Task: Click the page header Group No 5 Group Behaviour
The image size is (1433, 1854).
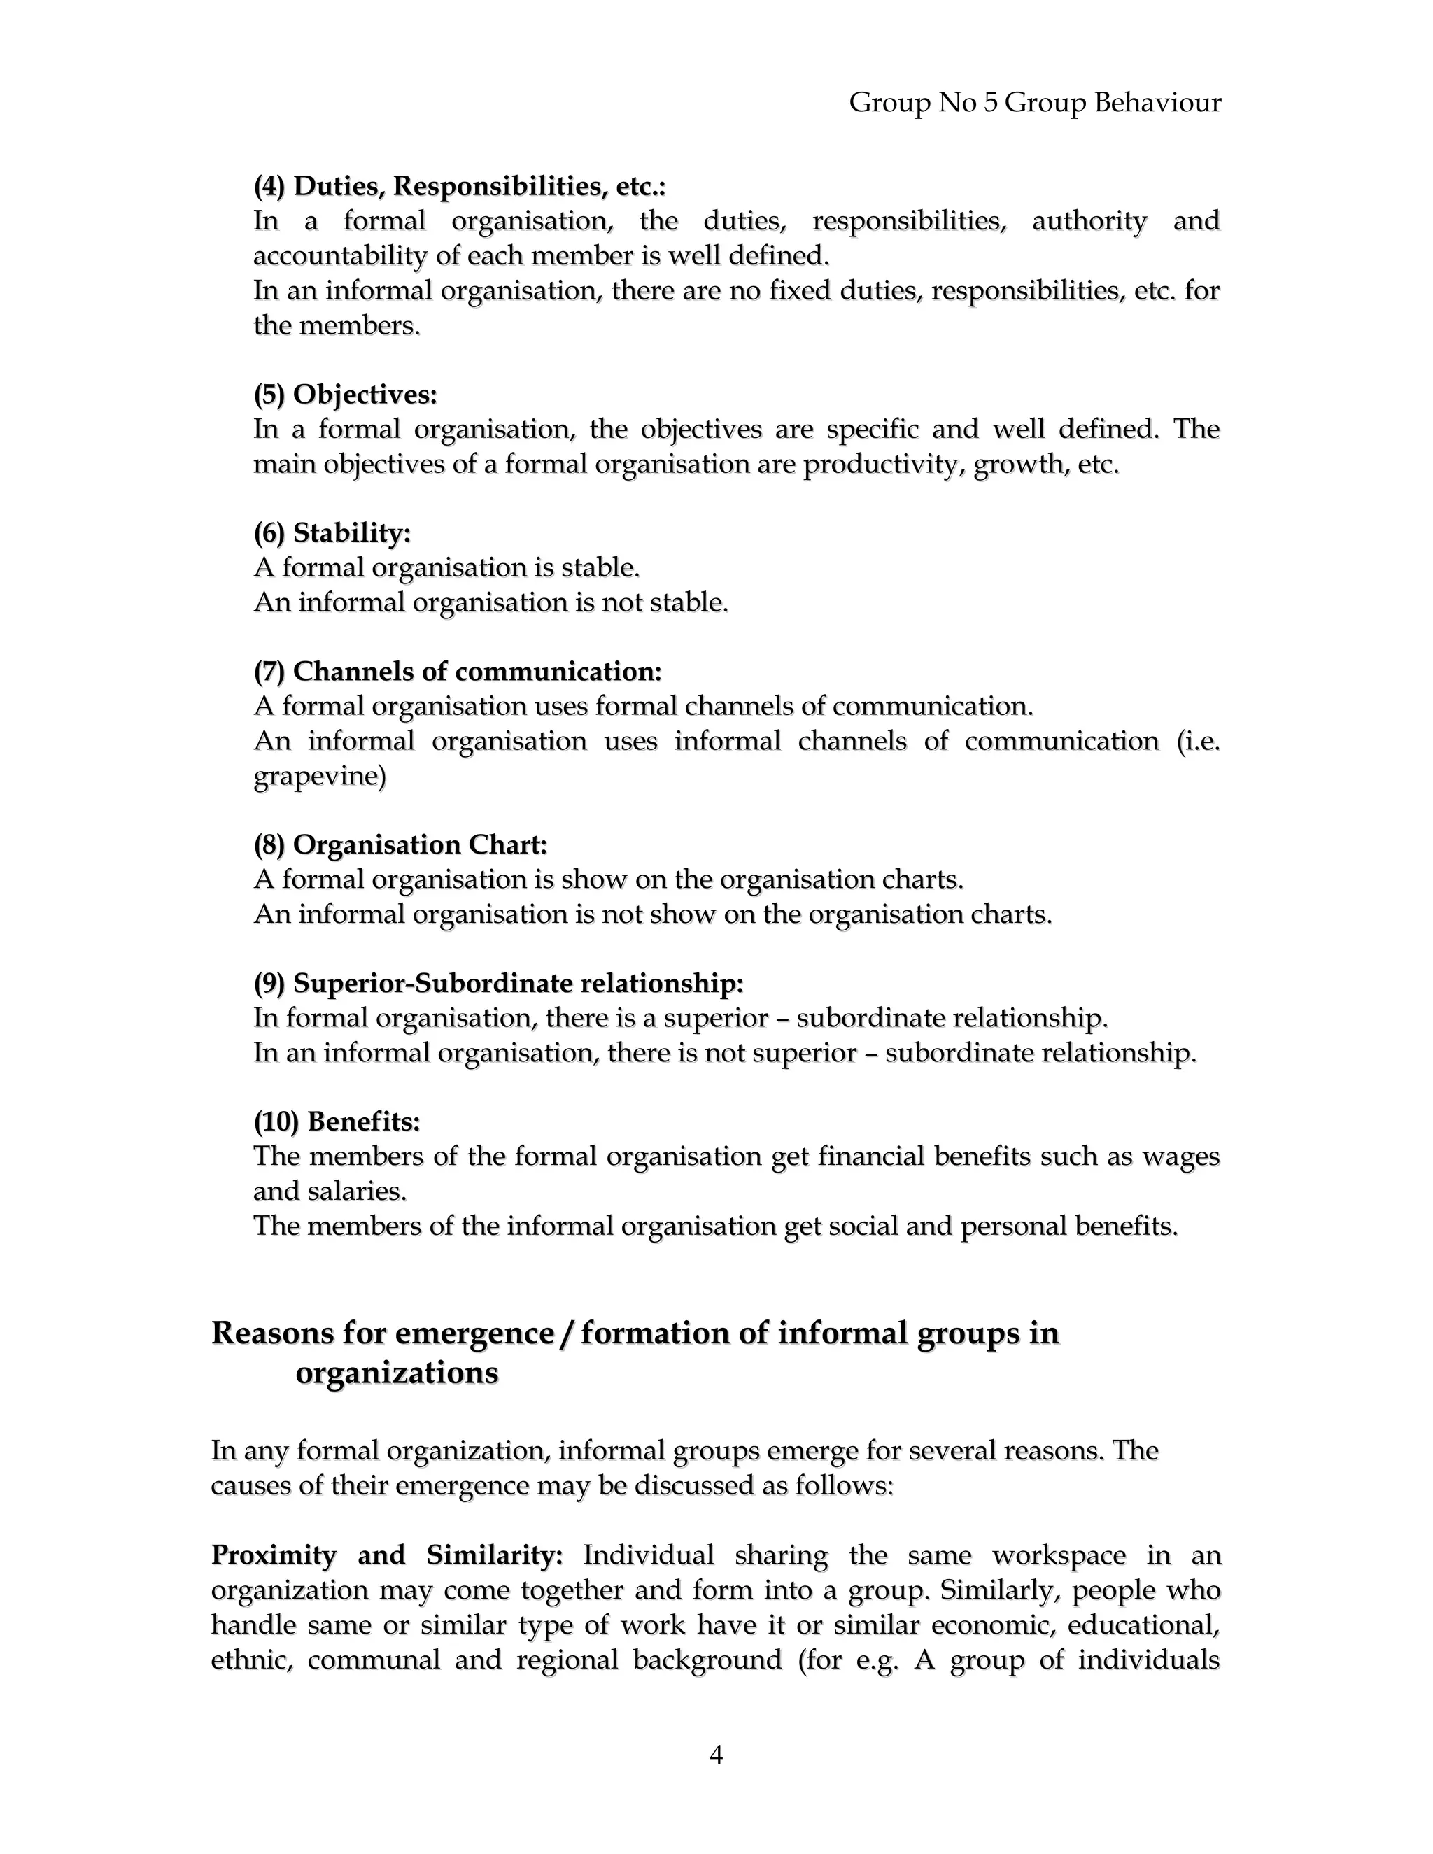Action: [1034, 103]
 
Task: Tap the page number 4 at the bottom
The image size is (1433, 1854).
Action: [716, 1754]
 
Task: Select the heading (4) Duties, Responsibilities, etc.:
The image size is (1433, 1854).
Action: [459, 186]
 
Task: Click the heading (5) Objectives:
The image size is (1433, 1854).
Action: [345, 394]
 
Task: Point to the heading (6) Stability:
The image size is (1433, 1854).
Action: [332, 533]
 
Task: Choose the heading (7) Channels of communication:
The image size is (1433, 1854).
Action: [457, 672]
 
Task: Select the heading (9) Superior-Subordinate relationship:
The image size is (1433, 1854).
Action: [498, 983]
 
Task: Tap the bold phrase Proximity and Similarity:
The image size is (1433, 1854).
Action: [387, 1555]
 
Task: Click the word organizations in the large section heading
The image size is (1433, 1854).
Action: [397, 1373]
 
